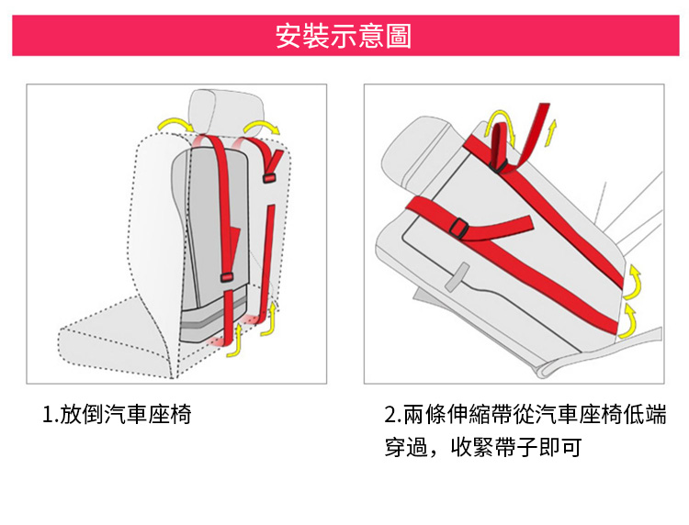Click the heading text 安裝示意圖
(344, 37)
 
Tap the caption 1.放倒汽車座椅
(117, 414)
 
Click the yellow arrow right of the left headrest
(263, 126)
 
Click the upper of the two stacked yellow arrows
(634, 283)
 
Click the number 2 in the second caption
(390, 414)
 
